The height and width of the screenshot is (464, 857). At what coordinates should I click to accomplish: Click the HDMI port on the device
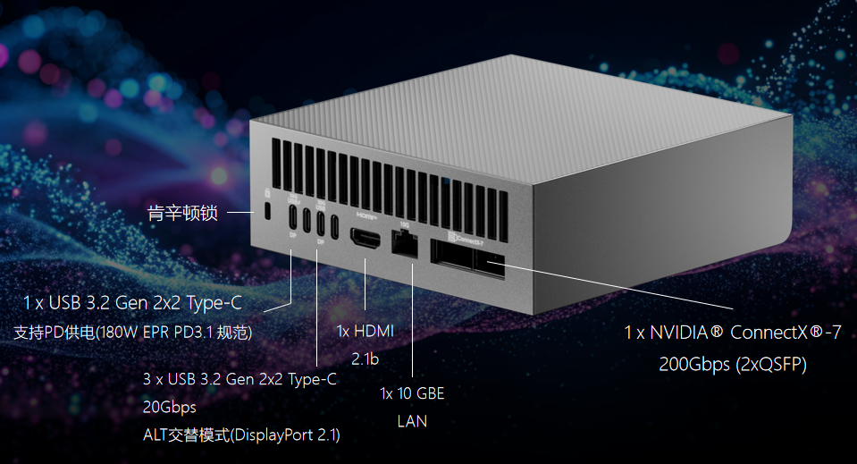(365, 239)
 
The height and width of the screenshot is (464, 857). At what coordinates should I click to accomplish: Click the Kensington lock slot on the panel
(270, 211)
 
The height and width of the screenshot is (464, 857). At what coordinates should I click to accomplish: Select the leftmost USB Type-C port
(293, 218)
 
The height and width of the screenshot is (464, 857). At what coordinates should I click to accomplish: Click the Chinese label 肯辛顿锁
(181, 213)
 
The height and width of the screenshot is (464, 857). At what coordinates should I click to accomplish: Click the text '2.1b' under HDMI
(365, 359)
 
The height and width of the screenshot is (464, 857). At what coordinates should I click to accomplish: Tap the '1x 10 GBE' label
(412, 393)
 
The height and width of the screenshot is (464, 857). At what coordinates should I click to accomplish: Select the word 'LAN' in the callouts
(412, 420)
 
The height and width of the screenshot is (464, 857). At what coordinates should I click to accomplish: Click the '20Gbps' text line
(170, 407)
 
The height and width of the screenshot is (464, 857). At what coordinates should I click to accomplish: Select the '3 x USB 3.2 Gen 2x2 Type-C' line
(239, 379)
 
